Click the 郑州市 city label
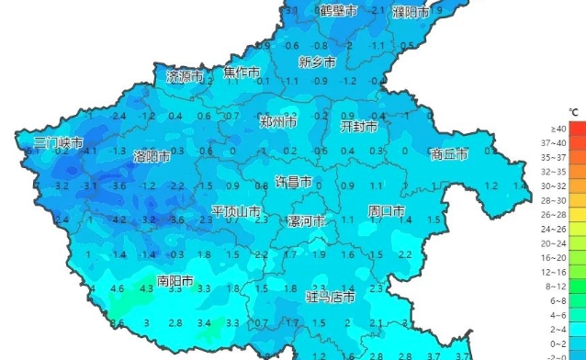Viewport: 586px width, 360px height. (277, 122)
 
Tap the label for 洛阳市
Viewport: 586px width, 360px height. (152, 157)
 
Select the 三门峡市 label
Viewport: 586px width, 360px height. (58, 144)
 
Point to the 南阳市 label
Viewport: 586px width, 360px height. (175, 281)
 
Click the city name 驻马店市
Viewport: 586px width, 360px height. (330, 298)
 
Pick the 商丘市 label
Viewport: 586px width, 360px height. (450, 153)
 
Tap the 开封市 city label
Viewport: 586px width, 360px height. (359, 126)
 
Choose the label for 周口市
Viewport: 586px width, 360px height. (387, 211)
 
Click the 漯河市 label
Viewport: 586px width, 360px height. (306, 222)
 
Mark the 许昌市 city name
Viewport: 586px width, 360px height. (295, 182)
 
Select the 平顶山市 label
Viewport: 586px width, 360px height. (236, 212)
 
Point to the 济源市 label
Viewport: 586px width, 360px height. (185, 76)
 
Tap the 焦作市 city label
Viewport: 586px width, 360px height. (242, 73)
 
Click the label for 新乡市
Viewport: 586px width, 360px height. (318, 62)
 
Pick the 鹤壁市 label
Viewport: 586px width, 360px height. (338, 11)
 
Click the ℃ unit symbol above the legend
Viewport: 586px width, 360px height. (573, 112)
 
